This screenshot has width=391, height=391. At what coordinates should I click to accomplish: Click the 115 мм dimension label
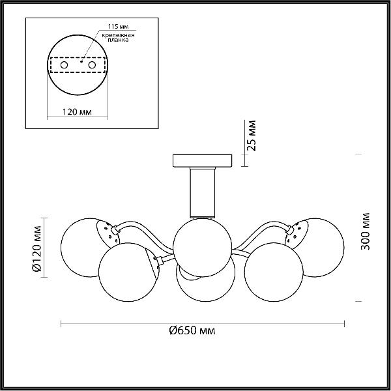[118, 27]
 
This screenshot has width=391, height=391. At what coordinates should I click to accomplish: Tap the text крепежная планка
[118, 37]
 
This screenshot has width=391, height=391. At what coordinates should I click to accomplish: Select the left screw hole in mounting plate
[64, 65]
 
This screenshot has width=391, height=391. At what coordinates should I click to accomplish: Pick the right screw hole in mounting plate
[92, 65]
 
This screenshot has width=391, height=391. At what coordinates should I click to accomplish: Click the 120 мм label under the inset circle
[77, 112]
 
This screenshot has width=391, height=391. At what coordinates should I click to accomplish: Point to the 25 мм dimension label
[252, 136]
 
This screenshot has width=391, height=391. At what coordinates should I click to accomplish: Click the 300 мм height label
[366, 231]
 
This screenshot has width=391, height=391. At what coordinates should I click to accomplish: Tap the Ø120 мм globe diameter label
[36, 248]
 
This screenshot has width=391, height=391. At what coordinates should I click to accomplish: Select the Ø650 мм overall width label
[192, 331]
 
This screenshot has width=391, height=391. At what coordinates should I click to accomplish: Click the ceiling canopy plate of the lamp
[202, 160]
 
